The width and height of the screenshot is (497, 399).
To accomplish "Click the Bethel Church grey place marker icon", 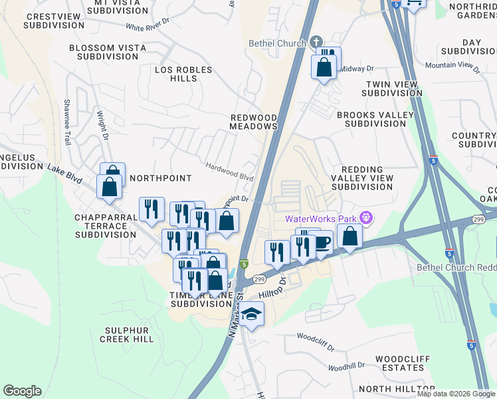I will (316, 43).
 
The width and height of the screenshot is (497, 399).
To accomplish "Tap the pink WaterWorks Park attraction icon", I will (364, 217).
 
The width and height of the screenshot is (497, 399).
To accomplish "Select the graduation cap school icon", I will (252, 314).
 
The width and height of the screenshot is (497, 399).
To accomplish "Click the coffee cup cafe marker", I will (322, 242).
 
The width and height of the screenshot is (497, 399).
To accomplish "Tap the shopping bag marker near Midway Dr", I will (324, 68).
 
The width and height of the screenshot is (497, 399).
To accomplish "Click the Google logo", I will (22, 391).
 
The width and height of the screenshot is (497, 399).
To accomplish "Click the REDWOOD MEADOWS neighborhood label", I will (253, 122).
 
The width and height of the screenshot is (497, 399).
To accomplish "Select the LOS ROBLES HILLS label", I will (183, 74).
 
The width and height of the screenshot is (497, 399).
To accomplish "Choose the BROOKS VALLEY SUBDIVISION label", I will (375, 120).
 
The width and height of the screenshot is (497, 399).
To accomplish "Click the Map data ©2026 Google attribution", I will (456, 394).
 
